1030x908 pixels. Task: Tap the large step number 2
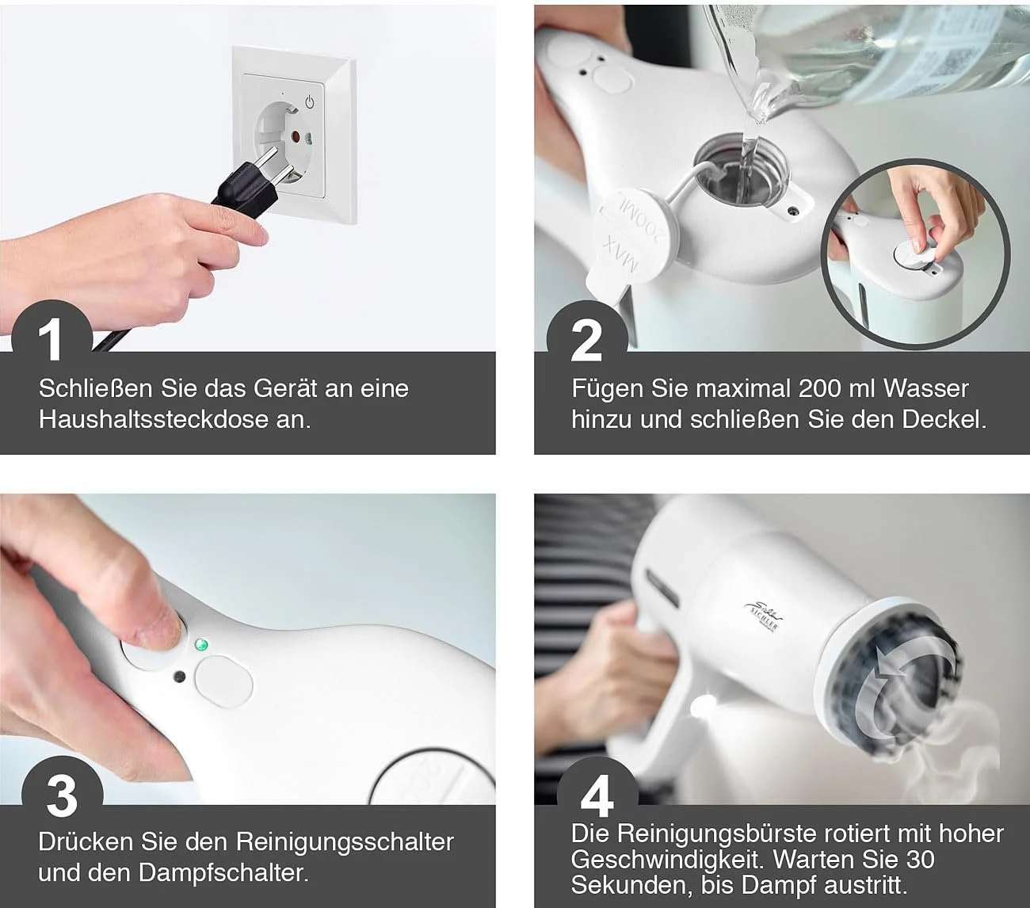(x=586, y=341)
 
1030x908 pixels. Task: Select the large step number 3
(x=62, y=796)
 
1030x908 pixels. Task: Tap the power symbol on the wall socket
(x=310, y=101)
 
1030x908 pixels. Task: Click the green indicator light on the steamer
(x=202, y=646)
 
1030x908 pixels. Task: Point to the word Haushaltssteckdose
(x=153, y=420)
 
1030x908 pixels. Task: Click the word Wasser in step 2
(x=925, y=388)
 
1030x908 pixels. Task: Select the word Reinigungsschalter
(x=345, y=842)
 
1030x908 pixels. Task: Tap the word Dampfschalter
(x=223, y=873)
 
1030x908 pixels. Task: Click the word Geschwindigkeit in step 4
(x=665, y=860)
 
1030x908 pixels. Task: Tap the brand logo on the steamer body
(x=762, y=618)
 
